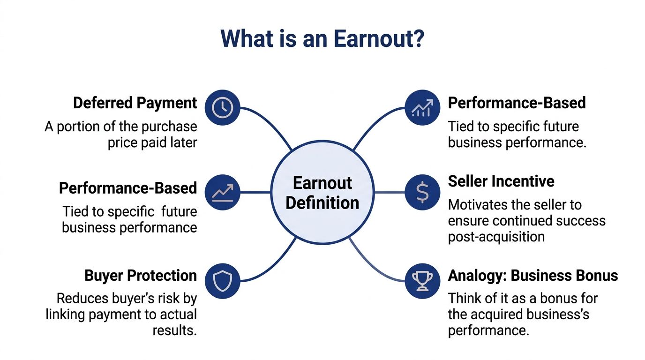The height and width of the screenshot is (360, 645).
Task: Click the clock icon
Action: point(222,108)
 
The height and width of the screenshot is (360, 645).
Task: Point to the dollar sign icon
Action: point(422,192)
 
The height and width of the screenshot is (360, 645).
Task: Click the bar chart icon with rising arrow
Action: point(422,108)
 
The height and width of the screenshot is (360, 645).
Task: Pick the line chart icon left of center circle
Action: point(222,192)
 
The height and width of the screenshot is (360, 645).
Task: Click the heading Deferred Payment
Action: point(135,103)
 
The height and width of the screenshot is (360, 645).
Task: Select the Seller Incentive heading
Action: point(501,181)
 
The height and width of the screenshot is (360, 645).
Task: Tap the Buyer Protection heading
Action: point(141,276)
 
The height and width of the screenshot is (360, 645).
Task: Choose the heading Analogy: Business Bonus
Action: point(533,276)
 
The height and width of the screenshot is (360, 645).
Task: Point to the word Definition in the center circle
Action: point(322,203)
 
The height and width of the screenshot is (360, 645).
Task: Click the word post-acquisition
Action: point(496,237)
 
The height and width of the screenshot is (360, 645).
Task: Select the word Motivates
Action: point(475,205)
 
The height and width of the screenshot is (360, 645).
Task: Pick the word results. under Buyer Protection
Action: point(174,330)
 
